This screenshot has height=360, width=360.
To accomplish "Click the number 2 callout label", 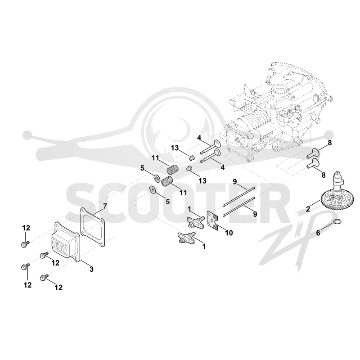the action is click(x=308, y=209).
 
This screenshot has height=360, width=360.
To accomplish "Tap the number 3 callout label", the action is click(x=91, y=269).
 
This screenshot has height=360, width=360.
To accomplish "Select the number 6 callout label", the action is click(x=318, y=233).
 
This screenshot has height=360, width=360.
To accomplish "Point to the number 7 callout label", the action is click(x=105, y=206).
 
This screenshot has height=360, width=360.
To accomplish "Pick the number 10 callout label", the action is click(x=229, y=233).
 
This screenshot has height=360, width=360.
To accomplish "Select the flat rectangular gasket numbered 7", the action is click(x=92, y=227).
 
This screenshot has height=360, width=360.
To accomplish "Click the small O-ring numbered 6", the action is click(x=337, y=221).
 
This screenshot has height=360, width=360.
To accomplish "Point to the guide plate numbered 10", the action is click(x=213, y=220).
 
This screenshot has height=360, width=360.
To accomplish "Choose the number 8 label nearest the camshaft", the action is click(x=323, y=175).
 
